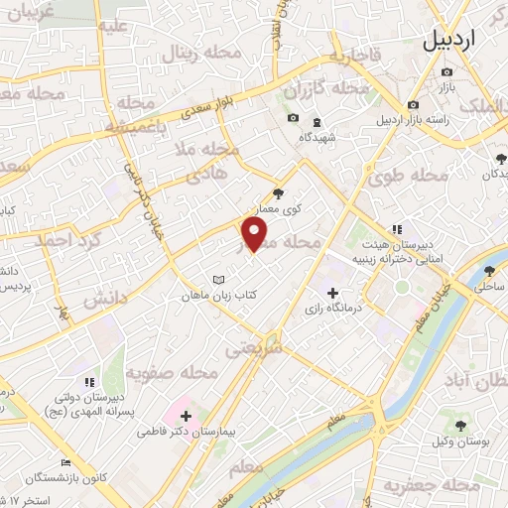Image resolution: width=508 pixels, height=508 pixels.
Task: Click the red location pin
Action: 255,234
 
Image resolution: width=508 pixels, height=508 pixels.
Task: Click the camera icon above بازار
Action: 447,71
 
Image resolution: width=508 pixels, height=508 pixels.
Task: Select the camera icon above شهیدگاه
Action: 293,119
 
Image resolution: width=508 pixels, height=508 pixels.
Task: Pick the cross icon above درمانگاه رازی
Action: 332,294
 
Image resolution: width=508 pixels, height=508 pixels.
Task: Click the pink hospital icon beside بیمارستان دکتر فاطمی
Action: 186,414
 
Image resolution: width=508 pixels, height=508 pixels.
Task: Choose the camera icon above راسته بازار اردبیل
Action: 411,104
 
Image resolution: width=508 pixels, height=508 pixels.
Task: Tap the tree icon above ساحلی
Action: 488,269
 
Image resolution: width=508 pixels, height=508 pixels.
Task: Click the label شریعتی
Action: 256,348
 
